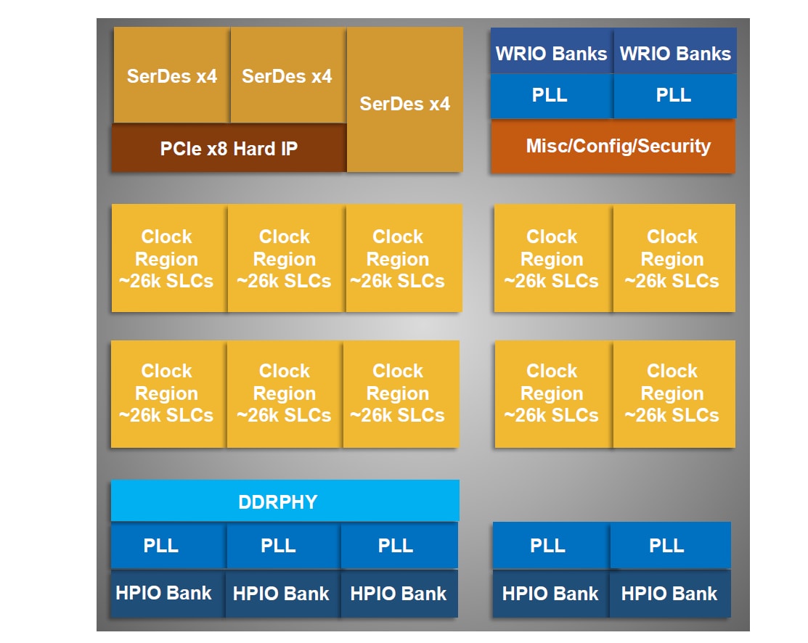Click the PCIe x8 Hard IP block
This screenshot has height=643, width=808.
[x=229, y=150]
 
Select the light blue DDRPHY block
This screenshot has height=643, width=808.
[x=285, y=501]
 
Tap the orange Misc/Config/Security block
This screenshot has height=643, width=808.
[x=613, y=147]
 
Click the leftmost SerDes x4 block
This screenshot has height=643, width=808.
[x=171, y=75]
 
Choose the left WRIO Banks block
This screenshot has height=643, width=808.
[x=551, y=53]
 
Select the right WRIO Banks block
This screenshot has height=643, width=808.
[x=675, y=53]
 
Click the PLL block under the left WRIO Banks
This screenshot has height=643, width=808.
[x=551, y=96]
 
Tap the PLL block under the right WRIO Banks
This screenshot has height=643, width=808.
[x=674, y=96]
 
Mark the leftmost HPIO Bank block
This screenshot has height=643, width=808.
[x=165, y=594]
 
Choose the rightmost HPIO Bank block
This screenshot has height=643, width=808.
[x=669, y=594]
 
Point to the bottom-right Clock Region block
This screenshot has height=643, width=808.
[x=673, y=393]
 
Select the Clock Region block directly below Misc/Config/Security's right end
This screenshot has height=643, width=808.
[x=673, y=258]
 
